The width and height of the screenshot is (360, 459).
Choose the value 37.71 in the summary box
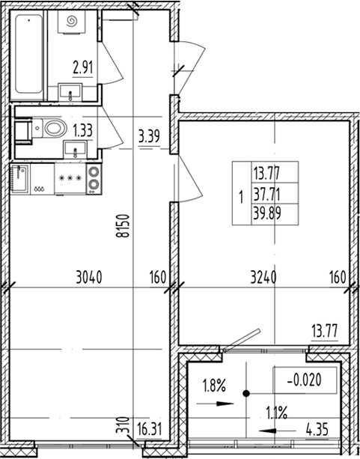pos(265,194)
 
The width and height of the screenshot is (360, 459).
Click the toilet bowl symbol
pos(52,129)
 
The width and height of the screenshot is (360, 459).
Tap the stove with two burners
pos(94,180)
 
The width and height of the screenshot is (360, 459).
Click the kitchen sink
pos(20,180)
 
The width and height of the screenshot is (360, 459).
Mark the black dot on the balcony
pos(245,392)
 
